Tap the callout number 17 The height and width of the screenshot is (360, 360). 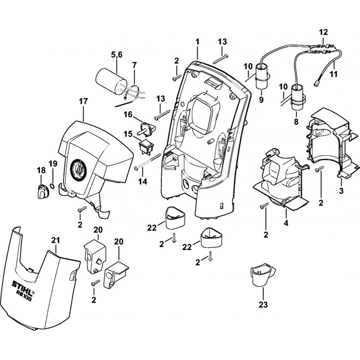pos(83,102)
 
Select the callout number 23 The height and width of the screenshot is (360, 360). pos(263,305)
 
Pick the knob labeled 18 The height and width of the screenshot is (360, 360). pos(42,190)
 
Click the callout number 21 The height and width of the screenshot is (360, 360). pos(56,240)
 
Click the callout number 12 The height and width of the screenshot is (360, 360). pos(323,32)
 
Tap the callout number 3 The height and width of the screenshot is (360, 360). pos(341,190)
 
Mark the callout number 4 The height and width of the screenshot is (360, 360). pos(286,223)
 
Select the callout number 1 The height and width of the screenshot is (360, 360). pos(197,42)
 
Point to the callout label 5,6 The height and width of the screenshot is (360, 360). pos(116,54)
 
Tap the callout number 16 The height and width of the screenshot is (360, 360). pos(128,114)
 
